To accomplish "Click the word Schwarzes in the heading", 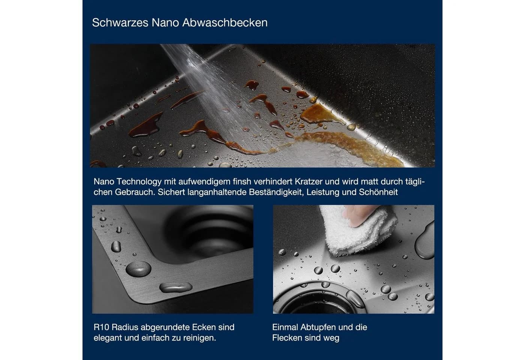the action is point(120,23).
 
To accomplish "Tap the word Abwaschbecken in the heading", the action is point(225,23).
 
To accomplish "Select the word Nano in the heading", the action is point(165,23).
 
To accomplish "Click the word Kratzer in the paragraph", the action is point(309,181).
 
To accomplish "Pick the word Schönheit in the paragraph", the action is point(378,192).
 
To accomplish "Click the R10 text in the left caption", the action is point(101,327).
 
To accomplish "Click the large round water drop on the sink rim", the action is point(138,269).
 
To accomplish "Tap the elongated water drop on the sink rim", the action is point(176,287).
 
